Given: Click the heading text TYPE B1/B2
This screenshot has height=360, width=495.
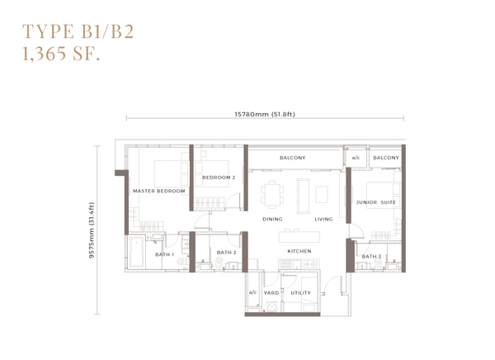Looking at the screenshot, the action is (78, 31).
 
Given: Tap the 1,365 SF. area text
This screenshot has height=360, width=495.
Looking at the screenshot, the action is (61, 53).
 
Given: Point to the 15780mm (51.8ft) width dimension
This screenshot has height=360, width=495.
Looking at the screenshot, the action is (265, 114).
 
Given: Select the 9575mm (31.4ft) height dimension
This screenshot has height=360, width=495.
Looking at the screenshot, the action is (92, 230).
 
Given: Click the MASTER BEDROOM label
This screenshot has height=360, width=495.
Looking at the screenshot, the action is (158, 191).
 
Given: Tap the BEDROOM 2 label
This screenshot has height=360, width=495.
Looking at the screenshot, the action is (219, 178).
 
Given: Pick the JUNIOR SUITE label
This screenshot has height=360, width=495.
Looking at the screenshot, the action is (376, 202).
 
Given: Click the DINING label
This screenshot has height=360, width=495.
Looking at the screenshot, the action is (272, 219).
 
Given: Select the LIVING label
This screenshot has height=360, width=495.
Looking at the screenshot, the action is (323, 219).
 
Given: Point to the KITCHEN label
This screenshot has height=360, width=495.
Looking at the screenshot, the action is (299, 251).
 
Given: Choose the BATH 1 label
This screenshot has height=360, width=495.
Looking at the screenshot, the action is (164, 254).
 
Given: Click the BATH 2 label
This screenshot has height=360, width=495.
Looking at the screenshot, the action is (226, 253).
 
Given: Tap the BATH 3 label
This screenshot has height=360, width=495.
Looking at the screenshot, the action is (371, 256).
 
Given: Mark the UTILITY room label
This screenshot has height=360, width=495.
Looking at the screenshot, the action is (300, 293).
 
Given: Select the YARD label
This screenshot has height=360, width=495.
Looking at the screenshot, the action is (271, 293).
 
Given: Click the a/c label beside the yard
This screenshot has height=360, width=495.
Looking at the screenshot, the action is (253, 292).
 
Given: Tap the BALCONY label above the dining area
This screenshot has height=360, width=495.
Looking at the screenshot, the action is (293, 158).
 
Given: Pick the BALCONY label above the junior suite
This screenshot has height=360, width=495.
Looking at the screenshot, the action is (386, 158).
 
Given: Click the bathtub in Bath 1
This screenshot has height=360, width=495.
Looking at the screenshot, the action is (136, 253).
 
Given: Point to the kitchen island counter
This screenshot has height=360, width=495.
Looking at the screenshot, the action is (299, 237).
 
